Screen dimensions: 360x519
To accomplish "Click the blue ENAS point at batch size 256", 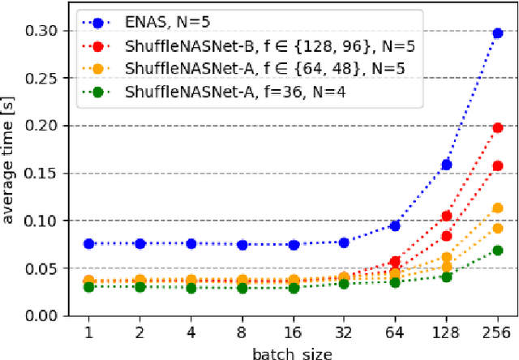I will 497,33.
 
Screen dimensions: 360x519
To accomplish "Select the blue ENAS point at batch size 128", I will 446,165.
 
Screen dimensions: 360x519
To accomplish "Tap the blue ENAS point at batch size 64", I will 395,226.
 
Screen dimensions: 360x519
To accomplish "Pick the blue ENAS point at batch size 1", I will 88,244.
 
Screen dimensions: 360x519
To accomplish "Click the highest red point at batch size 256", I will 497,127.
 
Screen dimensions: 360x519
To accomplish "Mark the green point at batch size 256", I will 497,251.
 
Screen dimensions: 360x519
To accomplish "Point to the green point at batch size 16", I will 293,288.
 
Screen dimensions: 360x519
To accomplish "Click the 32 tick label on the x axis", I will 344,333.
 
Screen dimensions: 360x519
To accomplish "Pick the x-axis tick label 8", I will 242,333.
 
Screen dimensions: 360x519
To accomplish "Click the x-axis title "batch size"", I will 293,353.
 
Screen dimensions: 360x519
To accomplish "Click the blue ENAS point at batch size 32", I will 344,242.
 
